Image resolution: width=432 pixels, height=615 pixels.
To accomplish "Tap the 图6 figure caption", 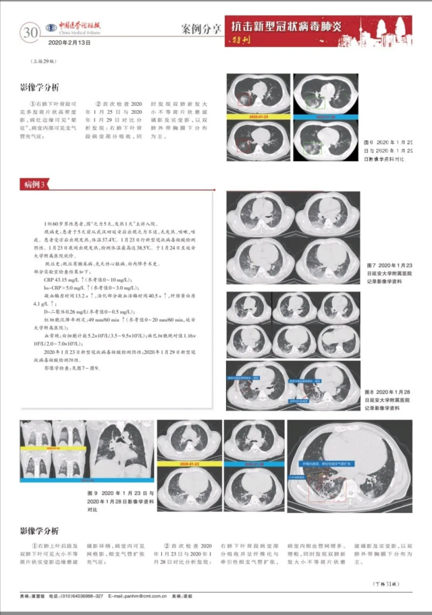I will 397,150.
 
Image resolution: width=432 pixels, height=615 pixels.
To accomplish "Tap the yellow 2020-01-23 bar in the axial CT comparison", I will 187,465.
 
